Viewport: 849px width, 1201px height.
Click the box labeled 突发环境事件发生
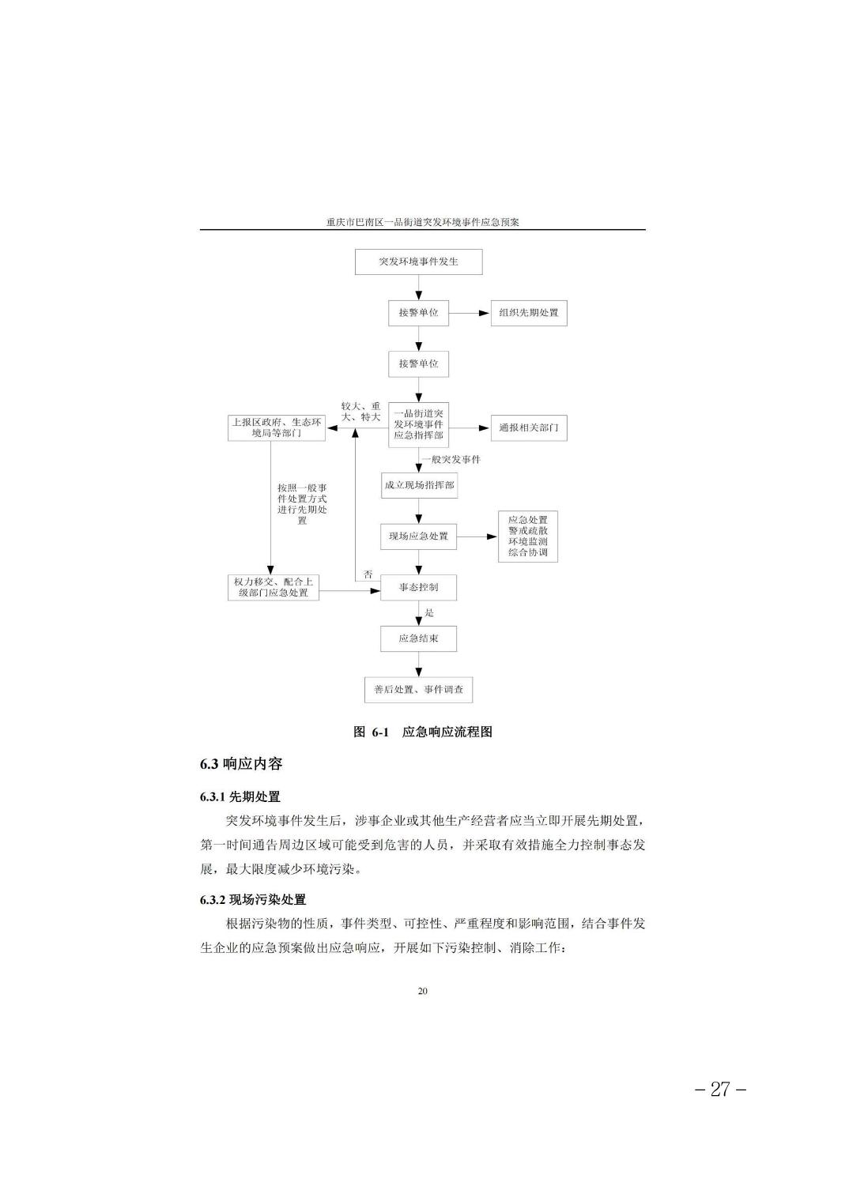click(418, 262)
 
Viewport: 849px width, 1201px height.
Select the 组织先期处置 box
click(529, 313)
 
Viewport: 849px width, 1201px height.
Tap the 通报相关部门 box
click(529, 428)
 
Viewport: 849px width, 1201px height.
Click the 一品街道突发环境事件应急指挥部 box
click(418, 424)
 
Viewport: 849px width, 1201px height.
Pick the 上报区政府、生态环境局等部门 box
click(276, 428)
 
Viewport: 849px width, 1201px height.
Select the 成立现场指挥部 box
click(420, 485)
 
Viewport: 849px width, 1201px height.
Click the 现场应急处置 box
click(418, 536)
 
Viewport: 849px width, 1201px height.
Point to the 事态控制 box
click(418, 588)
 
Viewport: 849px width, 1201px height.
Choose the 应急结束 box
click(418, 638)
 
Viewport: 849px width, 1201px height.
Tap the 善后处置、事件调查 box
click(418, 690)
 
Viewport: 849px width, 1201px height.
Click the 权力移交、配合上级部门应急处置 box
click(274, 588)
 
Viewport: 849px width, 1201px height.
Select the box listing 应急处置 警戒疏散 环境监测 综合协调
click(528, 536)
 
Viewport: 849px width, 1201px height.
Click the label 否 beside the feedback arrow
click(368, 574)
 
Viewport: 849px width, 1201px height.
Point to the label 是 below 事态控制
click(429, 612)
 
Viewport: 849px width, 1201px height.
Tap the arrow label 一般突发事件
click(451, 460)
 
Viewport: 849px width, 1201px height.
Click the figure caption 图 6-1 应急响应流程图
click(423, 732)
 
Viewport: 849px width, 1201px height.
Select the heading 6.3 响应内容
click(241, 764)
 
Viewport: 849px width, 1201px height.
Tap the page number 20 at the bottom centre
click(423, 991)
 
